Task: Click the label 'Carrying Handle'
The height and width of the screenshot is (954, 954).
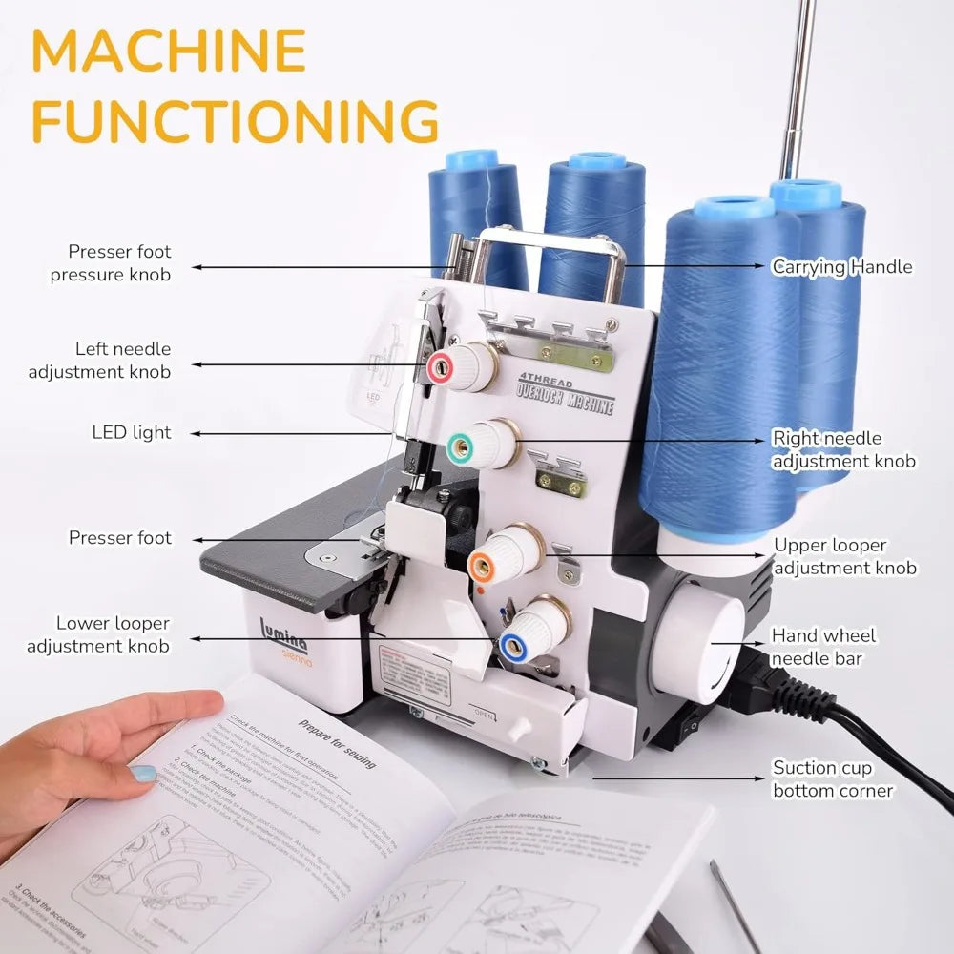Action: pyautogui.click(x=841, y=267)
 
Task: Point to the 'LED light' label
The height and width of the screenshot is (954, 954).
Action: pyautogui.click(x=132, y=432)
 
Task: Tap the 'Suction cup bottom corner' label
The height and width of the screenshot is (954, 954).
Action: pyautogui.click(x=833, y=778)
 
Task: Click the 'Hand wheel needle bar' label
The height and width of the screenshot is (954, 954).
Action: pyautogui.click(x=823, y=646)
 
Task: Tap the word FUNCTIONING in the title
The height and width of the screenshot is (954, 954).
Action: pyautogui.click(x=236, y=121)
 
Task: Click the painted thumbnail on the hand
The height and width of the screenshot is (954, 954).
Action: pyautogui.click(x=142, y=773)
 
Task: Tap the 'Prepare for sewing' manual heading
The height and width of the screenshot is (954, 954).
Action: pyautogui.click(x=337, y=744)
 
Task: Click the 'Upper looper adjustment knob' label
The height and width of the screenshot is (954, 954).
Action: pyautogui.click(x=843, y=556)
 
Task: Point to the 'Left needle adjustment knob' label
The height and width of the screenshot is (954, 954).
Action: pyautogui.click(x=99, y=360)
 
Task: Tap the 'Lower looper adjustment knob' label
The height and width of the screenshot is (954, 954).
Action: pyautogui.click(x=98, y=634)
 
